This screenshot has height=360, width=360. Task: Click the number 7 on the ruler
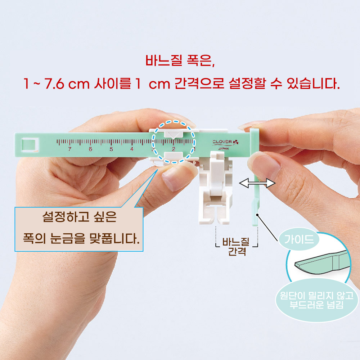click(70, 149)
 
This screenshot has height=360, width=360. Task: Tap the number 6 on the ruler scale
click(90, 149)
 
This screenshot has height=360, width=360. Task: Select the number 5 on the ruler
click(111, 149)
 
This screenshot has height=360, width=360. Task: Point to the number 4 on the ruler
click(132, 149)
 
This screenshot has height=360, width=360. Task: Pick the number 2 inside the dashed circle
click(174, 149)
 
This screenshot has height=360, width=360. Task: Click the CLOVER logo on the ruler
click(225, 142)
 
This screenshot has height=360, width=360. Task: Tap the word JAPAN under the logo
click(223, 149)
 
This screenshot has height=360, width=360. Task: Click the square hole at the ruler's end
click(30, 145)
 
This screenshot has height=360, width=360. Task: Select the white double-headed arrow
click(257, 183)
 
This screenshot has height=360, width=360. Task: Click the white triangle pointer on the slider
click(174, 134)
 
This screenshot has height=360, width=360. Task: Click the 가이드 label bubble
click(299, 239)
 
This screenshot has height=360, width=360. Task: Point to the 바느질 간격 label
click(237, 246)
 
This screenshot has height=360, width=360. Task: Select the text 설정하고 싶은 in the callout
click(80, 216)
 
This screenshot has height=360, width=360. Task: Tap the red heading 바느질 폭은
click(180, 60)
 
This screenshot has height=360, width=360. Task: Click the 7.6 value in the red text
click(54, 84)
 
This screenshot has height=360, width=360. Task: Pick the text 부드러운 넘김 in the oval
click(316, 305)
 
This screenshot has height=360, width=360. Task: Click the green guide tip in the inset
click(321, 263)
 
